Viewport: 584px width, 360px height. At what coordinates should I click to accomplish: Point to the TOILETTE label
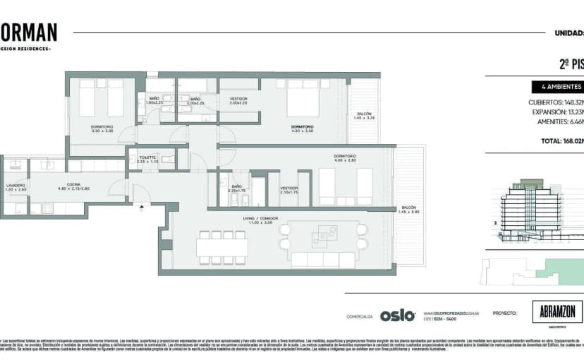coord(147,160)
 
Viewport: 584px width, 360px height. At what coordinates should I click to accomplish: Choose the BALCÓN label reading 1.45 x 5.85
coord(409,210)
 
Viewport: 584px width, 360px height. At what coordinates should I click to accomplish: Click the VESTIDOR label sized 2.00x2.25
coord(238,101)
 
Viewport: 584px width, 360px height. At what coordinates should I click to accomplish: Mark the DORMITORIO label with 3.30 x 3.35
coord(102,129)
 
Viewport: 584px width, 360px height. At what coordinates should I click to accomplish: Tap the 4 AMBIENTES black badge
coord(557,88)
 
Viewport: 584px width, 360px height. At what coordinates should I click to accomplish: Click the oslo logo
coord(397,316)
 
